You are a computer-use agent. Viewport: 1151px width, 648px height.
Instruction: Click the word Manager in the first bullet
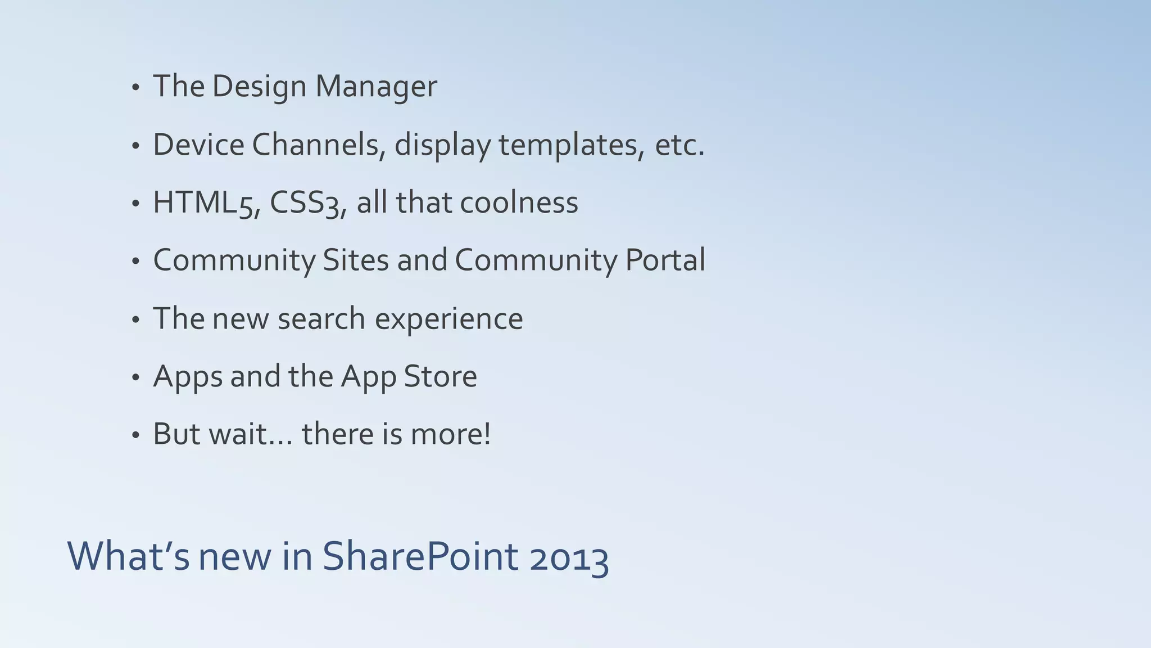[x=375, y=87]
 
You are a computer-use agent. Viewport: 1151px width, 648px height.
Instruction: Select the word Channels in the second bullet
[x=318, y=145]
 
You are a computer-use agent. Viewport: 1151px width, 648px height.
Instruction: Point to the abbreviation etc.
[x=679, y=145]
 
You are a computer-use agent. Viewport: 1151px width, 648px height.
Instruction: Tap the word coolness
[x=519, y=202]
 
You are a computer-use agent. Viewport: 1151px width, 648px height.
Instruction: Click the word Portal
[x=665, y=260]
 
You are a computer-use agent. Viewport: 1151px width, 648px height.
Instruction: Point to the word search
[x=321, y=319]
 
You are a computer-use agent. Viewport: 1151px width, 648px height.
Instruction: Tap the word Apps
[x=188, y=377]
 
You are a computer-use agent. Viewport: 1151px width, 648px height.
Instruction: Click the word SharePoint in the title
[x=420, y=556]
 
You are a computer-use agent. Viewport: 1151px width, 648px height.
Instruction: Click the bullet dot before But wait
[x=135, y=436]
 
